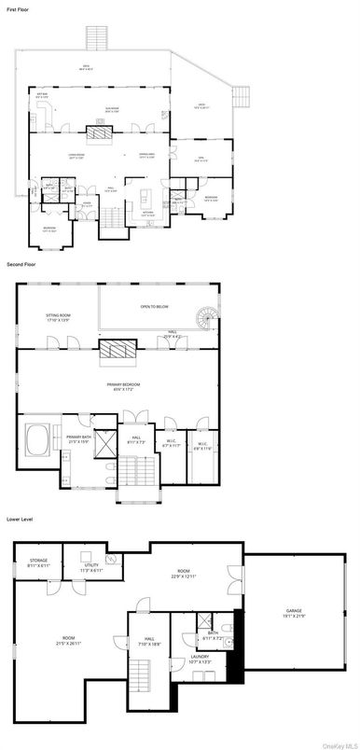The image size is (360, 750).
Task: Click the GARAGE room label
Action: [x=294, y=614]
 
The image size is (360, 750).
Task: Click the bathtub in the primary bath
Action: [x=39, y=437]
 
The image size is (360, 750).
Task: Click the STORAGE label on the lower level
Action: [x=37, y=562]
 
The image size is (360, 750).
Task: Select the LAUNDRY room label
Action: [x=201, y=659]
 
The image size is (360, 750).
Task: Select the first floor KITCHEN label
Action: [x=148, y=214]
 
